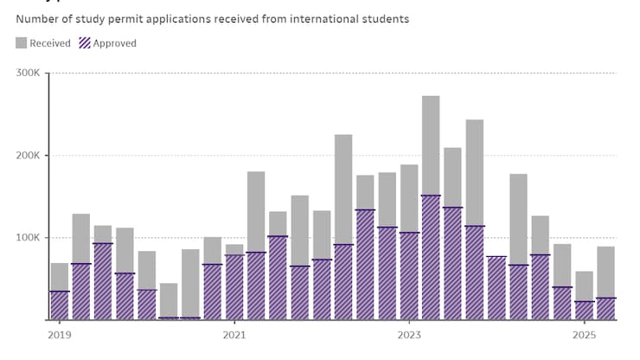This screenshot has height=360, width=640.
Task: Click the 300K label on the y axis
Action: (x=29, y=73)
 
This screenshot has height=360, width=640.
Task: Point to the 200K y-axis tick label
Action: (x=29, y=156)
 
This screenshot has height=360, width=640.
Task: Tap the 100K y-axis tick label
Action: (x=29, y=238)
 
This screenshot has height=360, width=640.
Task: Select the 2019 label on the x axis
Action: (x=59, y=335)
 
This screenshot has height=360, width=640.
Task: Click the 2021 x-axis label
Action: (x=234, y=335)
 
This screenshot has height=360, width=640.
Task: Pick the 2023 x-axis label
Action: (x=409, y=335)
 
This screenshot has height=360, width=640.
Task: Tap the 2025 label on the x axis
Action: (x=584, y=335)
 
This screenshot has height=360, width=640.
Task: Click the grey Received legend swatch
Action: (x=22, y=43)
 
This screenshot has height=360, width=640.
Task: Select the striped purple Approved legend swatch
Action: (x=85, y=43)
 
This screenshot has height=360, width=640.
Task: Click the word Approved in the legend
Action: (x=114, y=43)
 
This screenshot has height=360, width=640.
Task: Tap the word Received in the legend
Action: (x=50, y=43)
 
